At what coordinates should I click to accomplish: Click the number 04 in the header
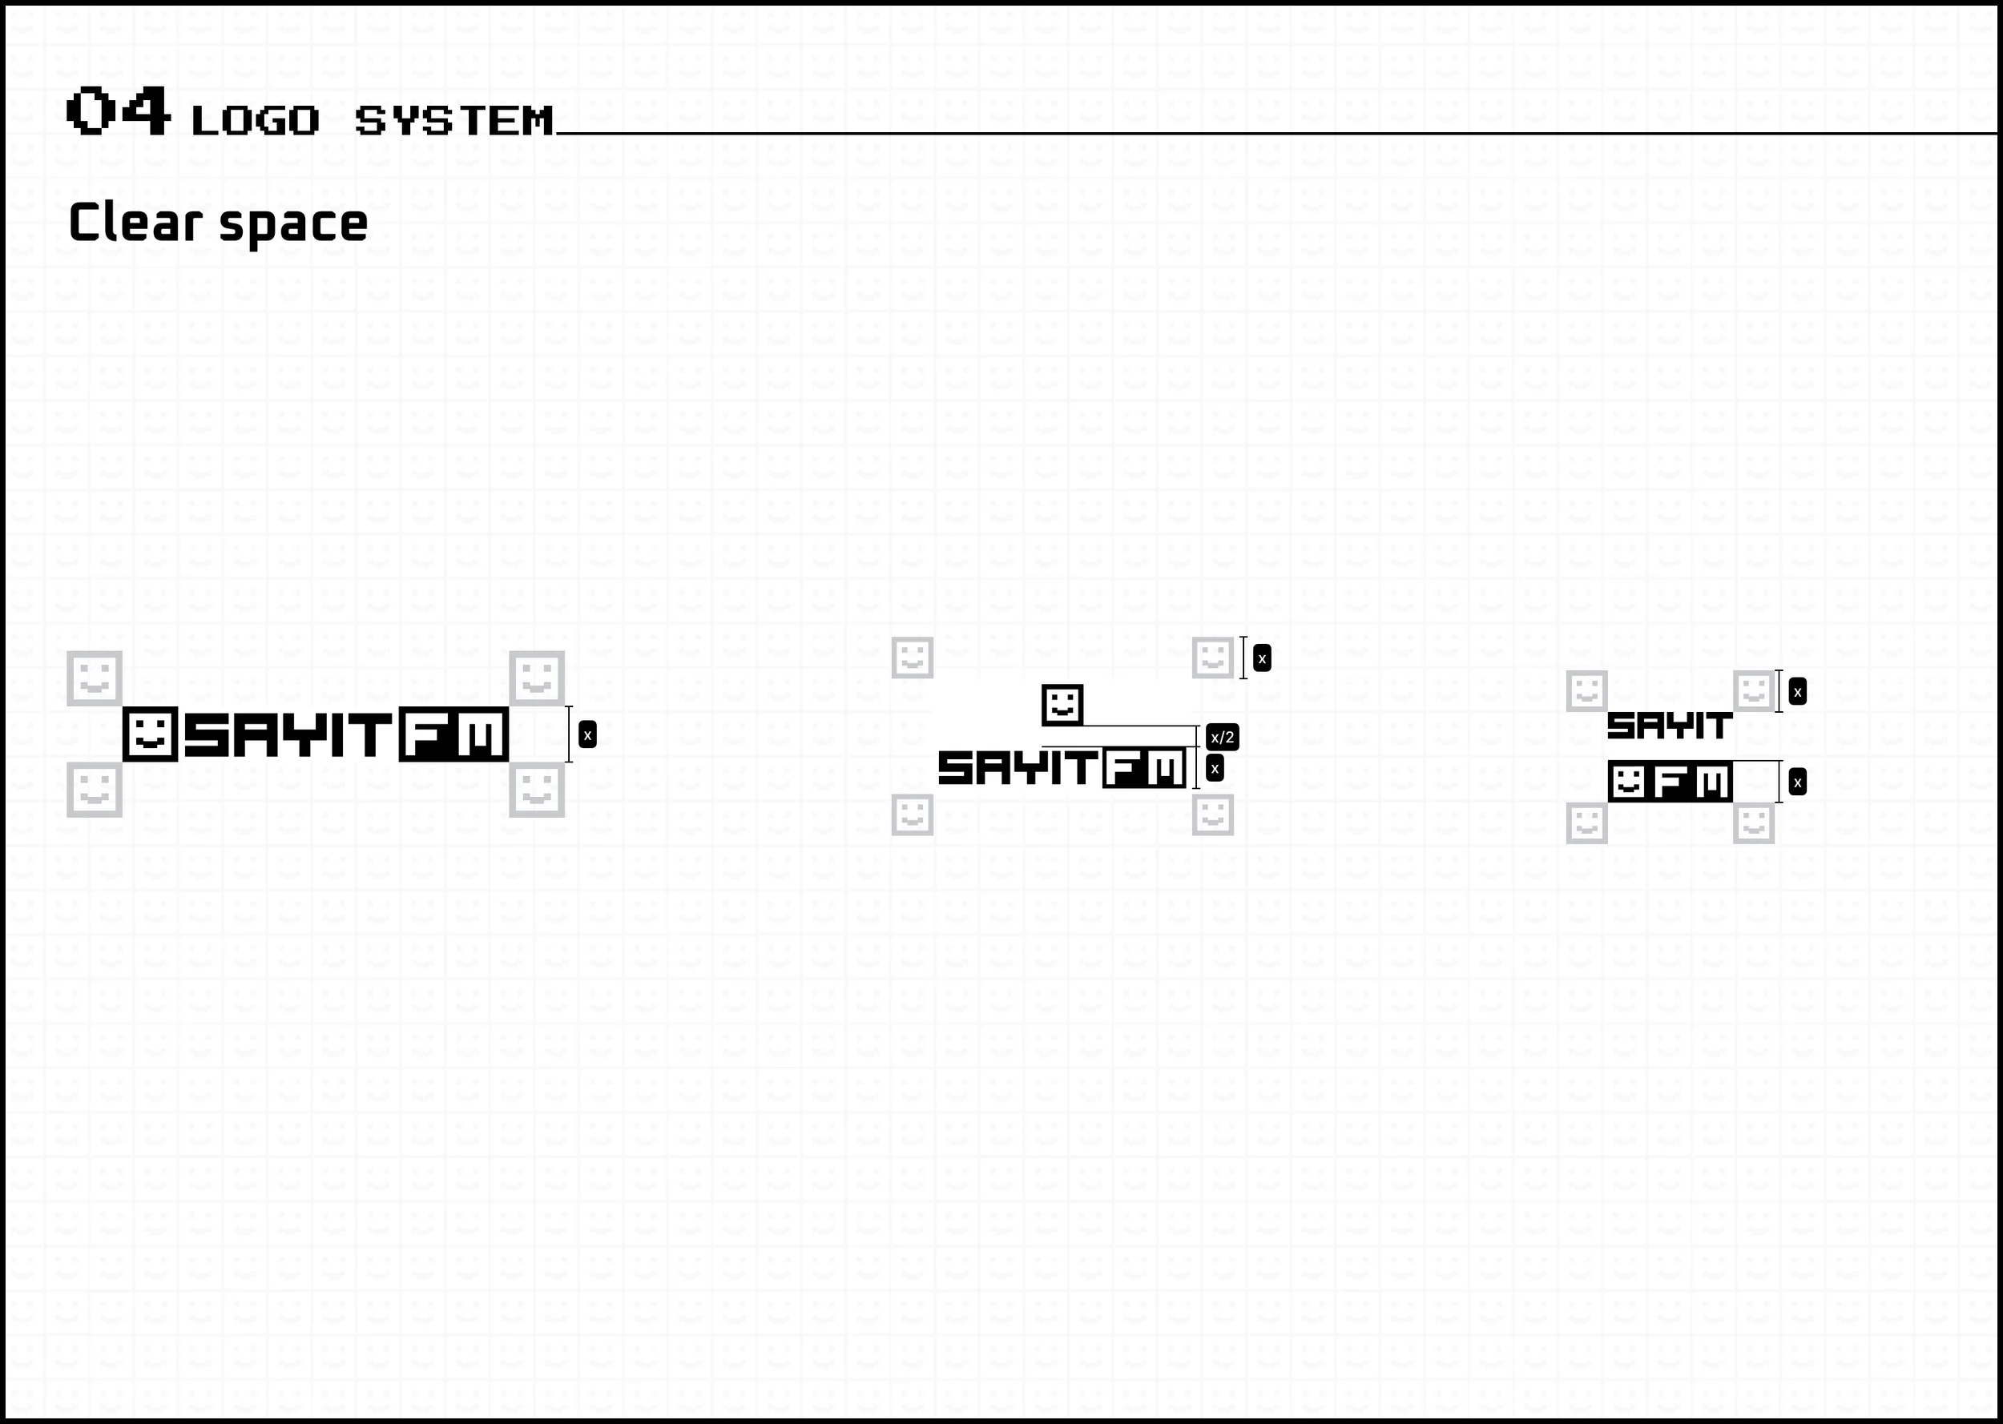point(119,111)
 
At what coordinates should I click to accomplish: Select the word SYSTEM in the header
point(454,120)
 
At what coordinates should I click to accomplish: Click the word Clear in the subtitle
point(135,223)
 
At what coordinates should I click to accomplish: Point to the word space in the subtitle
point(293,224)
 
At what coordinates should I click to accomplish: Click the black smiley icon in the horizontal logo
point(150,734)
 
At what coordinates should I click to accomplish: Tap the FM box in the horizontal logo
point(453,734)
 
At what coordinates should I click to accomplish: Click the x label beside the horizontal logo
point(587,734)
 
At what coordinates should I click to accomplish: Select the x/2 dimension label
point(1222,738)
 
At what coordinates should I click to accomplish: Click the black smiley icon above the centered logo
point(1062,705)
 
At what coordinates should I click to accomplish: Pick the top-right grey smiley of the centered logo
point(1213,658)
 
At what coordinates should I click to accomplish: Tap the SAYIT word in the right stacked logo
point(1669,726)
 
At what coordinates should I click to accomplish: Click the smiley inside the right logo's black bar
point(1629,781)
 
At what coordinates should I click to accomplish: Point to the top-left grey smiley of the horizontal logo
point(95,678)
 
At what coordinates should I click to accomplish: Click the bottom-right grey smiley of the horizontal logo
point(537,790)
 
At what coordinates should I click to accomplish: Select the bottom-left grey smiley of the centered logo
point(912,815)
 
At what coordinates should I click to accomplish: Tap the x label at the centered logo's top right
point(1262,658)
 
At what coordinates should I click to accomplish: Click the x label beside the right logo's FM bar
point(1797,782)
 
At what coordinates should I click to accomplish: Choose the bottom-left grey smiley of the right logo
point(1586,823)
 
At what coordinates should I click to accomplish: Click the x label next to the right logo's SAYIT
point(1797,692)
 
